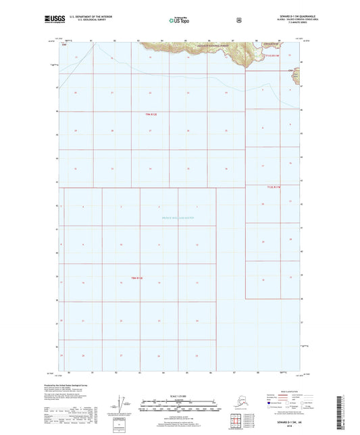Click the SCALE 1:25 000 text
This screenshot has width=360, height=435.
(179, 396)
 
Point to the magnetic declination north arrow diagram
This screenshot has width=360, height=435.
(122, 405)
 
